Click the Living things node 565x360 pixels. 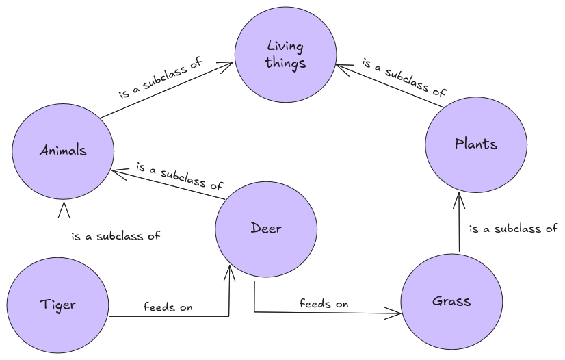[285, 55]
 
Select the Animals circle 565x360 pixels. [63, 150]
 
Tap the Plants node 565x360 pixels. [475, 144]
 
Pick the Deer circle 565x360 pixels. [265, 229]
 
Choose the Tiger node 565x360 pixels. [57, 305]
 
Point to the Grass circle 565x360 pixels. [451, 301]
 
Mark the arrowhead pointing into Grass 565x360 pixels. [397, 314]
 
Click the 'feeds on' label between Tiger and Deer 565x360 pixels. [168, 307]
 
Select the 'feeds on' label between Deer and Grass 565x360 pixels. [324, 303]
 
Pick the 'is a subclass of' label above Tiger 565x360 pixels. [116, 236]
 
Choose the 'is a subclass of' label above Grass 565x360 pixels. [513, 229]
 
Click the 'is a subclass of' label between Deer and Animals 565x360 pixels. [180, 176]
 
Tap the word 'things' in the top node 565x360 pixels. [286, 63]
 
